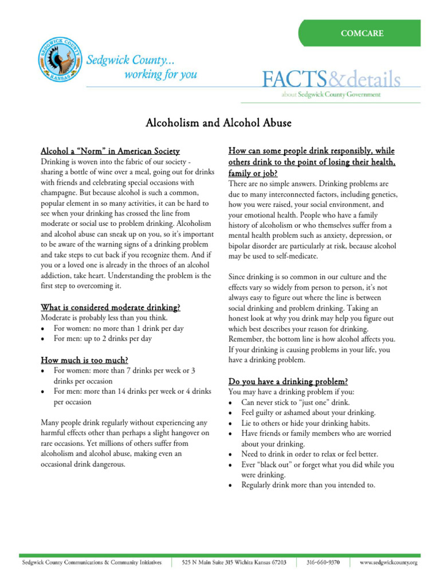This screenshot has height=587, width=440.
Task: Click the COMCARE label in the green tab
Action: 362,33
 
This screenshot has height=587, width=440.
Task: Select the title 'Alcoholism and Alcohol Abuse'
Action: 219,123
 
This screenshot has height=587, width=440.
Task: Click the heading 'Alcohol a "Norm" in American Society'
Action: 110,151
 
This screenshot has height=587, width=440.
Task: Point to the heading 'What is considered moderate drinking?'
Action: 111,307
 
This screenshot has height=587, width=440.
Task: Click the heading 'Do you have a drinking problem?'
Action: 288,381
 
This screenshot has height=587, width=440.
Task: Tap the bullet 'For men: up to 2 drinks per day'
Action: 103,339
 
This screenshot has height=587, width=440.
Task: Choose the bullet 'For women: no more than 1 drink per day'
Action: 119,328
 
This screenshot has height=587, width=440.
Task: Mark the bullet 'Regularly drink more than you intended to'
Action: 308,485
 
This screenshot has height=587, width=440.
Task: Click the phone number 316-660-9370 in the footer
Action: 323,563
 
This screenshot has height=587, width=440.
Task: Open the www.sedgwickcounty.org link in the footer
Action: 388,563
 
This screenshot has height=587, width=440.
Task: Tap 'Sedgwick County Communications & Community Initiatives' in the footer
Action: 92,563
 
